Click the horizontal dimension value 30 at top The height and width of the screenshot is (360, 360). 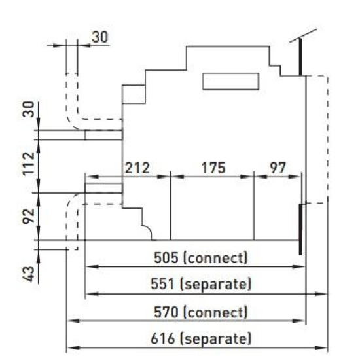100,37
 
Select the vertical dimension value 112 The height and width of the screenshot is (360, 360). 28,164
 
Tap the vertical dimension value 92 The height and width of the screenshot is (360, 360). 28,216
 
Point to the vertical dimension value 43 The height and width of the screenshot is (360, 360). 28,274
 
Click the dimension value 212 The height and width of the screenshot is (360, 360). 137,168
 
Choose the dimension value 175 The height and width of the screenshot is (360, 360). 213,168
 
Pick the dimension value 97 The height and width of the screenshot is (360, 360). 278,168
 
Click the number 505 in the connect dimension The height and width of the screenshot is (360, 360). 166,258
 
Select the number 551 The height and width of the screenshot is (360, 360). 162,284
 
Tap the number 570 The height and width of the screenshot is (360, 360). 166,312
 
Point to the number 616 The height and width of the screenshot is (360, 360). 162,338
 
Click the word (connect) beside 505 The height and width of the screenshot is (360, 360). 215,258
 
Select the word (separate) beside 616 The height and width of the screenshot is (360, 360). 215,339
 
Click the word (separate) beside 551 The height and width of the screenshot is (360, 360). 215,285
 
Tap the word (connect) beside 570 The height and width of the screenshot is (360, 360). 215,313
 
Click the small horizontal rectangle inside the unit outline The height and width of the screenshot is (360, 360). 231,81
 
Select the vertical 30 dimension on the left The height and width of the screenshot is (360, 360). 28,109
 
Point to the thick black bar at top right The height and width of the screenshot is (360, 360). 300,57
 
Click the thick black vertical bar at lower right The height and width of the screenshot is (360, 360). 300,229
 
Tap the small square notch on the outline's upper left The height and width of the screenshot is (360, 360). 134,94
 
